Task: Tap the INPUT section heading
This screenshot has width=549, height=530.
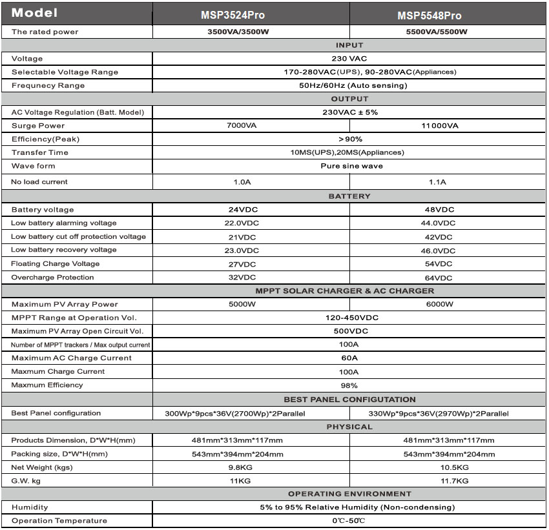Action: (x=349, y=45)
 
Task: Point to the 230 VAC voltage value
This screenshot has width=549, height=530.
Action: (x=349, y=59)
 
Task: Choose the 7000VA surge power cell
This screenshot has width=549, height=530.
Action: (x=242, y=126)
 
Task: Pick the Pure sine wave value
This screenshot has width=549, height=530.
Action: (x=351, y=166)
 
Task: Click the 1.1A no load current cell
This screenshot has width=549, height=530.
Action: (x=438, y=182)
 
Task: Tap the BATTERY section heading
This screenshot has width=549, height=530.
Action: (x=349, y=196)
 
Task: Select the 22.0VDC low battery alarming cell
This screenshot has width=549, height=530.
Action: (x=243, y=223)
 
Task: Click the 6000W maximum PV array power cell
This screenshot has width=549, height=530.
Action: (x=439, y=305)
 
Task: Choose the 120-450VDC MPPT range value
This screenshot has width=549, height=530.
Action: (x=349, y=318)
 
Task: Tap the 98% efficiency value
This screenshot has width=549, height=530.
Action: (x=349, y=385)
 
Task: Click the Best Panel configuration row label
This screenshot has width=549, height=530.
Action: (x=56, y=413)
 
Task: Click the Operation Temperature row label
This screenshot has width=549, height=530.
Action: (x=59, y=521)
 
